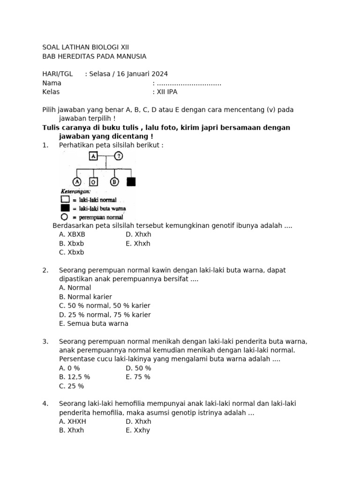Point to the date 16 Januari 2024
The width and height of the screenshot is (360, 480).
point(142,74)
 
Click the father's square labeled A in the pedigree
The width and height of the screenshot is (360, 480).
point(93,157)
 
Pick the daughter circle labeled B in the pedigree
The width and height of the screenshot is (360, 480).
point(114,182)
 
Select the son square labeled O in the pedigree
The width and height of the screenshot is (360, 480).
point(94,182)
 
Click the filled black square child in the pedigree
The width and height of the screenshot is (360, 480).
point(131,182)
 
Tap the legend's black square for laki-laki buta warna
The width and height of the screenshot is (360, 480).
point(65,208)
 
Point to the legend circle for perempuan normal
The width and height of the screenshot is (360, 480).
point(65,217)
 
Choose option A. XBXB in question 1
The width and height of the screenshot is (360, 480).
point(72,234)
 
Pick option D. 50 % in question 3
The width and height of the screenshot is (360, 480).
point(138,368)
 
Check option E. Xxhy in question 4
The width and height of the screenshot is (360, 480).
point(138,430)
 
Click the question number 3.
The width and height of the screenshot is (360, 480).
point(45,341)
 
